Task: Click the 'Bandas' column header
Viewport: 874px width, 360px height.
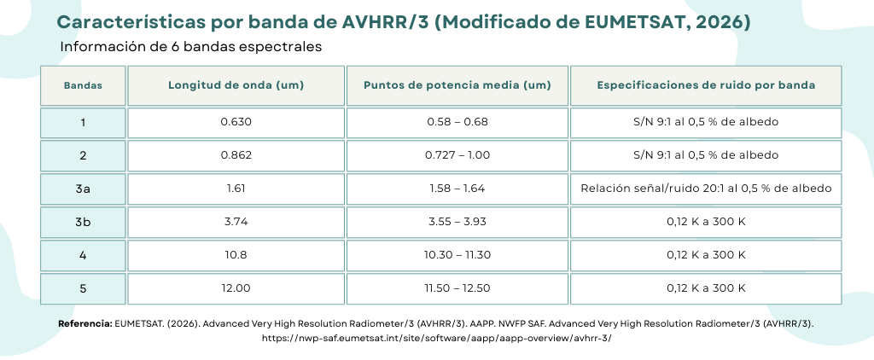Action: [83, 85]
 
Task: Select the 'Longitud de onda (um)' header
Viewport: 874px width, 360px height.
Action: [236, 85]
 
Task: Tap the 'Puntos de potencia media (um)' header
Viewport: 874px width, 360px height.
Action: [457, 85]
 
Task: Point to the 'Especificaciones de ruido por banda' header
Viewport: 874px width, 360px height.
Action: [705, 85]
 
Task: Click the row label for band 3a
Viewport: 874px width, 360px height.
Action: [83, 189]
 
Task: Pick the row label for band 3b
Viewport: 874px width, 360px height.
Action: [83, 222]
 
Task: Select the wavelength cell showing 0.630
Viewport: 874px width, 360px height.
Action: [236, 122]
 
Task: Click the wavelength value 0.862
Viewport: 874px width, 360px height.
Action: [236, 155]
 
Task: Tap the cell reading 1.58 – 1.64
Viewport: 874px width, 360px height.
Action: [457, 189]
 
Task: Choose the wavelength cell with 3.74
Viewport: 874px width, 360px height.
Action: [236, 222]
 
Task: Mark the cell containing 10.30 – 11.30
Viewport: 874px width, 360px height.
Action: [457, 255]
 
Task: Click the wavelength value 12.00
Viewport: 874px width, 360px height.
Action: [236, 288]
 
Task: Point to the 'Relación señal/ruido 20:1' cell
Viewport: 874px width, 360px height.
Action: [705, 189]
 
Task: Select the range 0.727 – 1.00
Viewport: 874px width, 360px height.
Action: [457, 155]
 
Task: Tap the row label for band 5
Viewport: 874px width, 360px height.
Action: [83, 288]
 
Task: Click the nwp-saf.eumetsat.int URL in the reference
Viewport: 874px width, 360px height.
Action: [436, 338]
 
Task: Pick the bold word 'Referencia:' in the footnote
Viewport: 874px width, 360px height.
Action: [84, 324]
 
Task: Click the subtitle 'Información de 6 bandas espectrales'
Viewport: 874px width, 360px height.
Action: [190, 47]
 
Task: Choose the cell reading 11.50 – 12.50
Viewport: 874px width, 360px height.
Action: [457, 288]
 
